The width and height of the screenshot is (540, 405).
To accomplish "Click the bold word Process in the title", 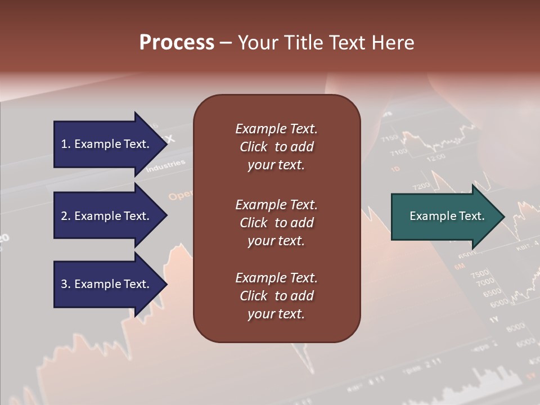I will [x=177, y=43].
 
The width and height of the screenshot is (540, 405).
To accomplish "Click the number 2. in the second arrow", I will [x=65, y=216].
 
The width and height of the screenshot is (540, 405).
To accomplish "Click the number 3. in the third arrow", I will [x=65, y=284].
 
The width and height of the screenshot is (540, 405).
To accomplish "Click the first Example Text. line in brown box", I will [x=276, y=129].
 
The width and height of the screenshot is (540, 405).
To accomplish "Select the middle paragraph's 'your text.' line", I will [x=276, y=241].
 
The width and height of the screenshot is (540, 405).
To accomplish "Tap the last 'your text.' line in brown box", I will [x=276, y=314].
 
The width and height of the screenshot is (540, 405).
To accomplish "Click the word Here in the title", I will [x=392, y=43].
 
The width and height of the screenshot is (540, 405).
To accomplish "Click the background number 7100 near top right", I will [x=398, y=152].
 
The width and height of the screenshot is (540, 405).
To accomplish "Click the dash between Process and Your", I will [x=226, y=43].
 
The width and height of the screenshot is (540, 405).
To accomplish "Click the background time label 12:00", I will [x=436, y=158].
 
